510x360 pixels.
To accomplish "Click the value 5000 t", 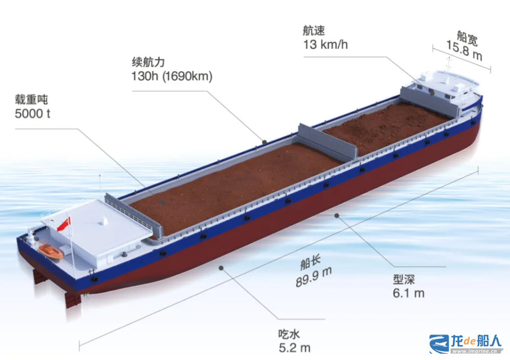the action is [x=33, y=114].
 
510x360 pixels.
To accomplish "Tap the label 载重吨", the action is [x=31, y=99].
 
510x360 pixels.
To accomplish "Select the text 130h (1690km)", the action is [x=172, y=76].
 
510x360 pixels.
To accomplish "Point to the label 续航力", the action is [x=148, y=62].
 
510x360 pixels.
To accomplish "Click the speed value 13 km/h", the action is [x=325, y=45].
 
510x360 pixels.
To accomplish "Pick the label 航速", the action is [x=314, y=31].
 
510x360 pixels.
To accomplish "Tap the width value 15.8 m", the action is [x=464, y=51].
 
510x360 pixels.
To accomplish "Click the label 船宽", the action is [x=467, y=38].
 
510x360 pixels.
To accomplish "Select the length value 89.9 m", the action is [x=313, y=277].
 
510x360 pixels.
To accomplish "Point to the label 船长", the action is [x=310, y=262].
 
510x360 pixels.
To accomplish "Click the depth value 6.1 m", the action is [x=409, y=294].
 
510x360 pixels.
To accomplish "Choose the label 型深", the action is [x=403, y=279].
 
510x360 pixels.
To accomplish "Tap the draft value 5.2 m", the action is [x=294, y=348].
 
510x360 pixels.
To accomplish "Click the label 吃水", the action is [x=289, y=334].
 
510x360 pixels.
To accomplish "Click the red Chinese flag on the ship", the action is [x=64, y=224].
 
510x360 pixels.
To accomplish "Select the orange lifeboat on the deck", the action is [x=51, y=251].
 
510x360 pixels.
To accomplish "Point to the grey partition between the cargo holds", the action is [x=328, y=141].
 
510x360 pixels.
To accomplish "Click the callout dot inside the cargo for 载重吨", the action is [x=163, y=202].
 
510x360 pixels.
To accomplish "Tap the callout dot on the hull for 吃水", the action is [x=221, y=268].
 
